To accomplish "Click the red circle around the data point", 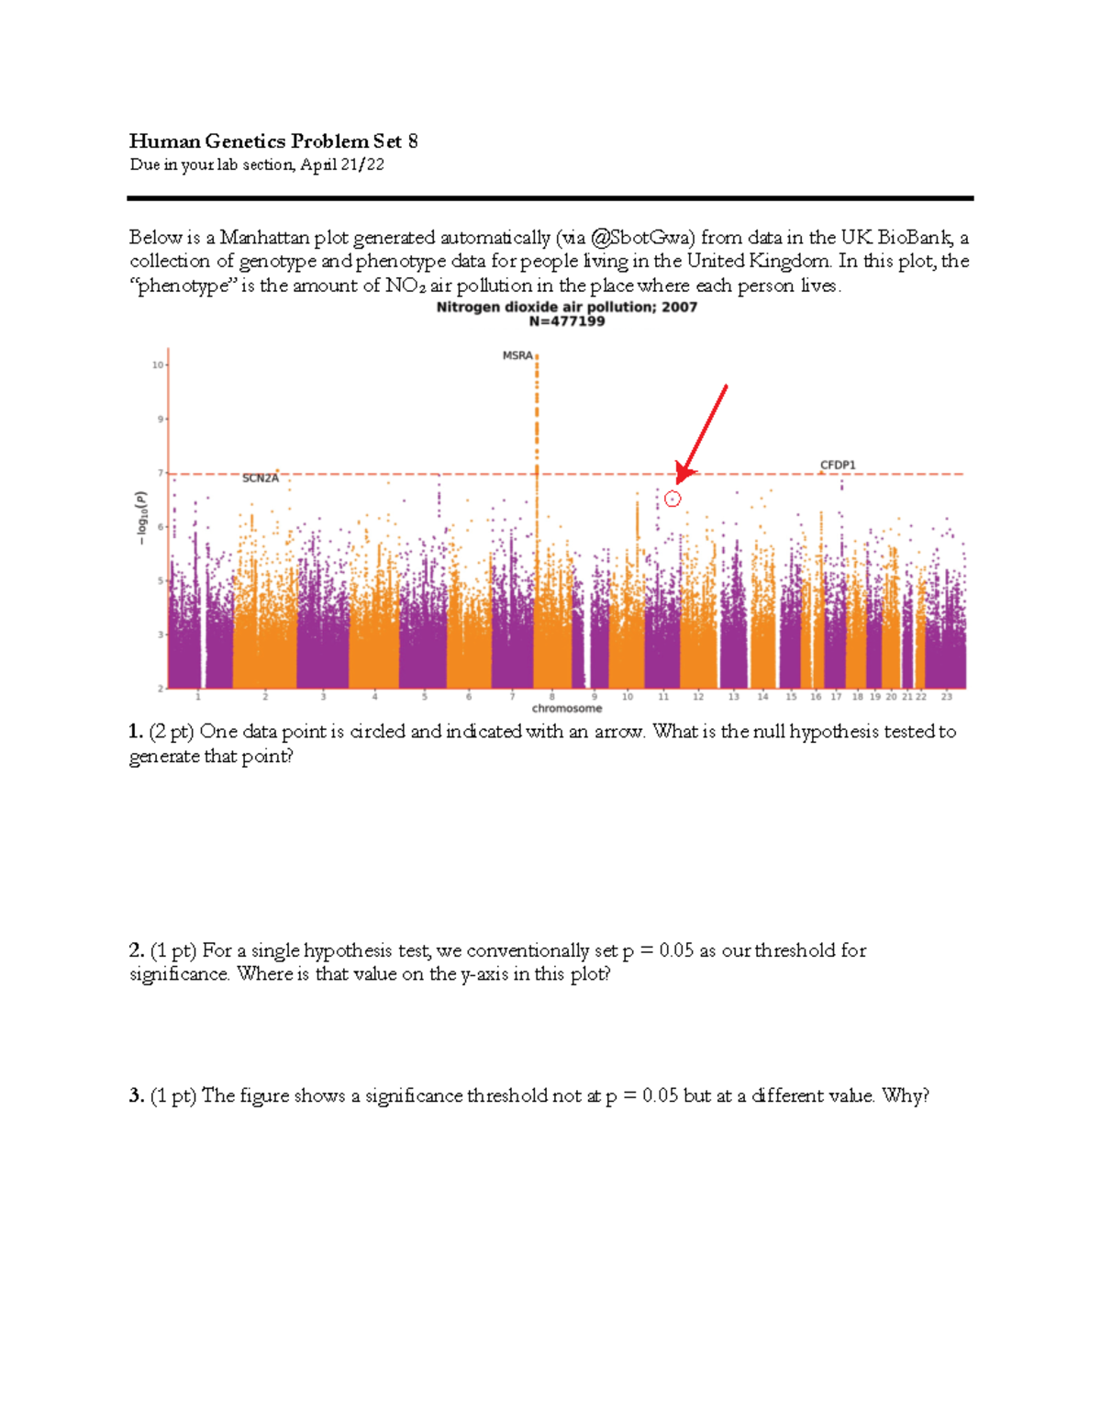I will pos(673,499).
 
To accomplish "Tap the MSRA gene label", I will pos(517,355).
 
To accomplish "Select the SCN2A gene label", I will pos(261,478).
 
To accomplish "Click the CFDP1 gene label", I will pos(838,466).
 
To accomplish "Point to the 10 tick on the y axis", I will pos(158,365).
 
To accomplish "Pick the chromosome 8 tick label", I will pos(551,697).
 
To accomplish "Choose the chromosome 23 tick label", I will pos(947,697).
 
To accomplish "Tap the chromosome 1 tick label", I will pos(197,697).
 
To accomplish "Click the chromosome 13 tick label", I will pos(734,697).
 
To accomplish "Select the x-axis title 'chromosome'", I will pos(567,709).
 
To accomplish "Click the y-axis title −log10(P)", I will pos(141,517).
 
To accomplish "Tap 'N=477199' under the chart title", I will pos(567,321).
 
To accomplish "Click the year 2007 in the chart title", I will pos(679,307).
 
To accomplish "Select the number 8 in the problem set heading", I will pos(413,140).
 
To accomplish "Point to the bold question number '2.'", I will pos(137,950).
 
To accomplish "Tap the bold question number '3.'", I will pos(137,1095).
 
